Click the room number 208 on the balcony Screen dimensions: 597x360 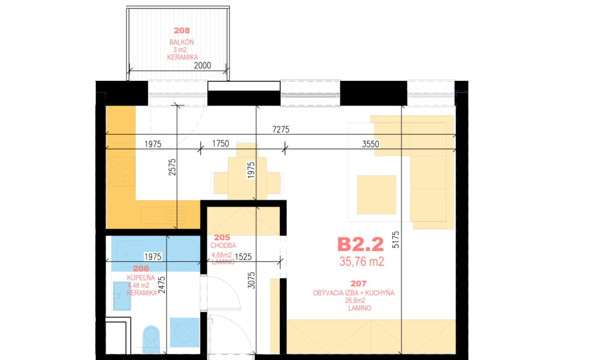click(x=182, y=30)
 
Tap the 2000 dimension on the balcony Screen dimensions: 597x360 click(x=203, y=65)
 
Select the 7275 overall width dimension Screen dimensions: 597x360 click(x=280, y=130)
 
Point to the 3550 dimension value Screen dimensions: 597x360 click(x=371, y=144)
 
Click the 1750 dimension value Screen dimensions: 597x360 click(x=220, y=143)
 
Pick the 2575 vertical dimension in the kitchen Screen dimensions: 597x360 click(x=172, y=167)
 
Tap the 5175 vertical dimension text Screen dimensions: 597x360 click(x=396, y=240)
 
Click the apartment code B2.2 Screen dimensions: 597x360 click(x=361, y=244)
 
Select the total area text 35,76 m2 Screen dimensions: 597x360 click(x=362, y=261)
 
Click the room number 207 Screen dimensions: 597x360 click(x=358, y=283)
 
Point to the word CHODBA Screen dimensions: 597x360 click(x=223, y=245)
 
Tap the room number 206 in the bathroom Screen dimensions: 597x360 click(x=141, y=268)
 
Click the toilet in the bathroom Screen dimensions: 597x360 click(x=151, y=339)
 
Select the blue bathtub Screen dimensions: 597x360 click(x=155, y=254)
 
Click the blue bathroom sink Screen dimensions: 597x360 click(x=122, y=296)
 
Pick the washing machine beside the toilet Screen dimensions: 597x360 click(x=185, y=332)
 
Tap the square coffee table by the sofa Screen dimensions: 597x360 click(x=377, y=194)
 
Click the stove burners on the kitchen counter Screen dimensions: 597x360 click(x=120, y=171)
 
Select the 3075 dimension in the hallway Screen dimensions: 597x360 click(x=252, y=280)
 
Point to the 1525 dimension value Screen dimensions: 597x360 click(x=243, y=257)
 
